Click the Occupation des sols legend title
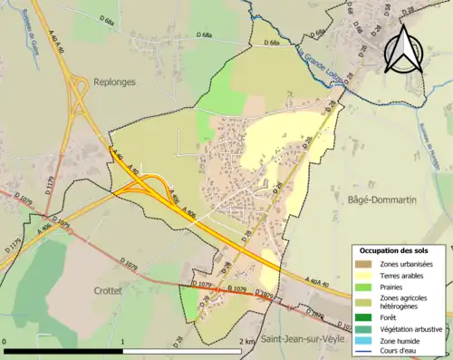click(x=394, y=250)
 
